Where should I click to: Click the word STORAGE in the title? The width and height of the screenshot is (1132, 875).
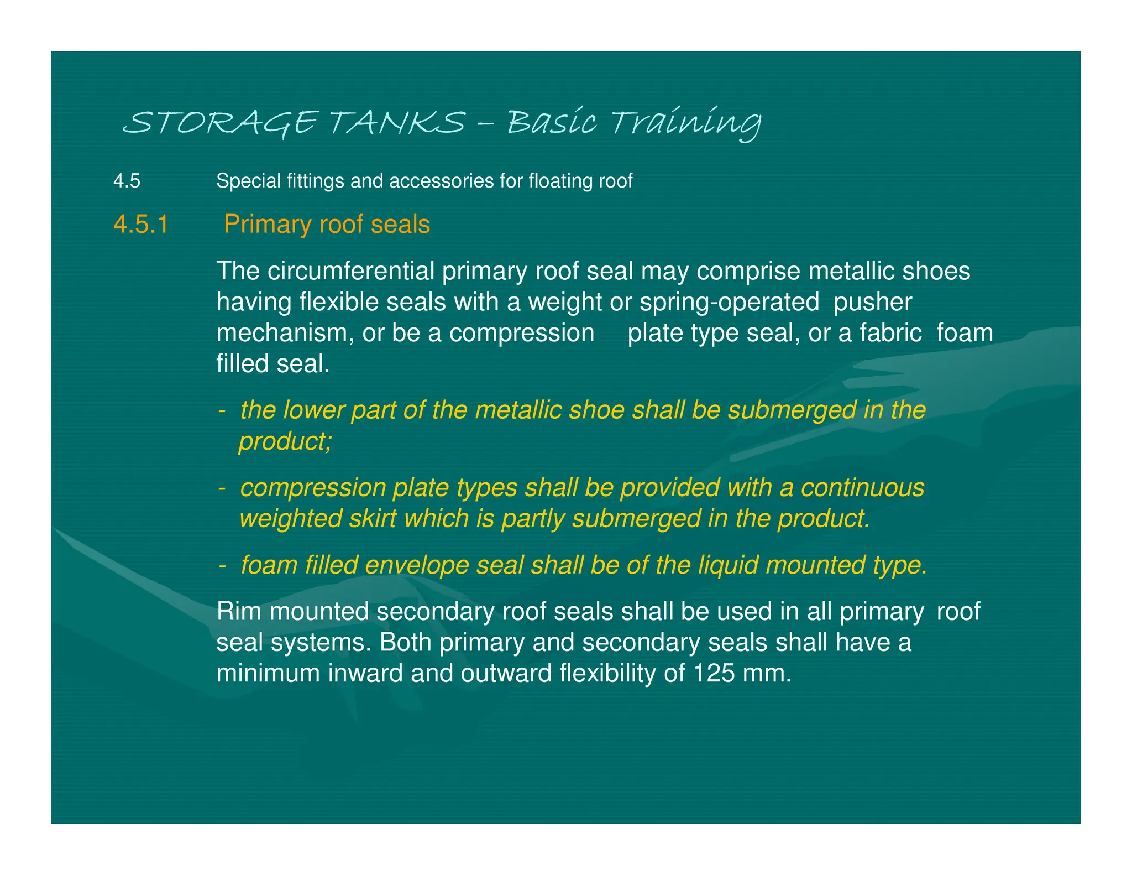(221, 122)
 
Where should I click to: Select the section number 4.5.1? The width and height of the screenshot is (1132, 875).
(141, 225)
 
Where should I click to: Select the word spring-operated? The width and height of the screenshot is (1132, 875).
(729, 302)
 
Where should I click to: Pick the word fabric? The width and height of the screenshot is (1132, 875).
(890, 333)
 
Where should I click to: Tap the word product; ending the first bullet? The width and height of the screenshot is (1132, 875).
(285, 441)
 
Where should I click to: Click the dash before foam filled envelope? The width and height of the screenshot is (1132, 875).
(222, 565)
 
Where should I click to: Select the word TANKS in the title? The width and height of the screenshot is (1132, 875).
(398, 122)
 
